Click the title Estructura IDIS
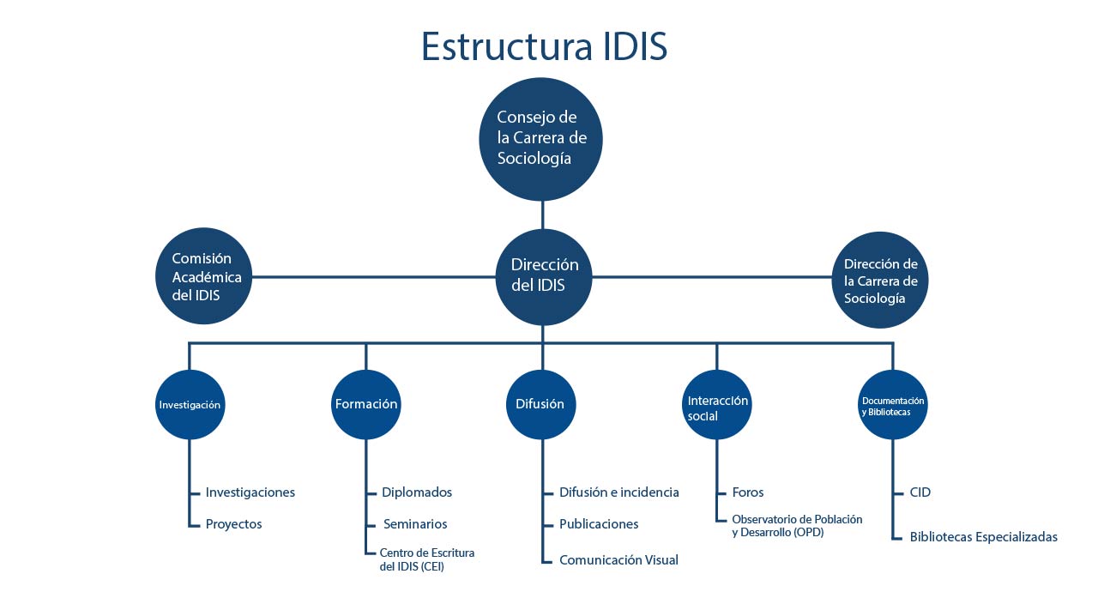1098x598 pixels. [544, 46]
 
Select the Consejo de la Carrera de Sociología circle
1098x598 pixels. [540, 139]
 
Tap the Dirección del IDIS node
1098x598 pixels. [544, 277]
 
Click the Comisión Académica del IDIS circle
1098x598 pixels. [204, 276]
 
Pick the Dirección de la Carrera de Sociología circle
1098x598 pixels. [880, 280]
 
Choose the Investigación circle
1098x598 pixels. [190, 404]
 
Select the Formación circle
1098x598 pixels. [366, 404]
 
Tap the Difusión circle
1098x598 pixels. [541, 404]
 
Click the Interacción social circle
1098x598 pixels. [716, 404]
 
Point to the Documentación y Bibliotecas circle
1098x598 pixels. [893, 404]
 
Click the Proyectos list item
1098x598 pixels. [234, 524]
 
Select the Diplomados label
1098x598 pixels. [417, 492]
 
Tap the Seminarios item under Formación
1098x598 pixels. [415, 524]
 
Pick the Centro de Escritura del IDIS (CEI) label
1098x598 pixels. [427, 559]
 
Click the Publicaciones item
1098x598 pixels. [599, 524]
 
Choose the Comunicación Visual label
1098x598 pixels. [618, 559]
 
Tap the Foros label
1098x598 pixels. [747, 492]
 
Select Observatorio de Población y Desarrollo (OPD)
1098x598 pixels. [797, 525]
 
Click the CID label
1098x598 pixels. [920, 492]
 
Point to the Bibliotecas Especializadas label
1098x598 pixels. [983, 537]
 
